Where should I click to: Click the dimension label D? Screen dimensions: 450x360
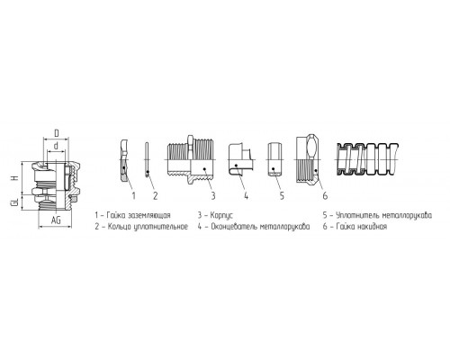57,133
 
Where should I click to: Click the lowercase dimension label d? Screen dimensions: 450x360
56,146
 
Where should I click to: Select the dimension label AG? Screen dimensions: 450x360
56,220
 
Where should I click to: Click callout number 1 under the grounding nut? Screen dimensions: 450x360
134,196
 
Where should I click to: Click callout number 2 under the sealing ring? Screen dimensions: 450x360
155,196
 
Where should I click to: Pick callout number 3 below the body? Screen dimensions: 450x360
213,196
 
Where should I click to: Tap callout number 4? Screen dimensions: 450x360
246,196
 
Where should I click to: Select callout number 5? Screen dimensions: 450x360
282,196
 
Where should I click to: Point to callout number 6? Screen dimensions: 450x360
325,196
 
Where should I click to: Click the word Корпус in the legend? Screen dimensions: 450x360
221,215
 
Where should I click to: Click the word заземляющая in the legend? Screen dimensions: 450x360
149,215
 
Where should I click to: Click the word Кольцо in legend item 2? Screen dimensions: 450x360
119,227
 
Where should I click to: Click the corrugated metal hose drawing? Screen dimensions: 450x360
366,159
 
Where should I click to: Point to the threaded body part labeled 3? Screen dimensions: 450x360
191,159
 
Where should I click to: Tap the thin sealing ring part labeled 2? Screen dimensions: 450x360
147,159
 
